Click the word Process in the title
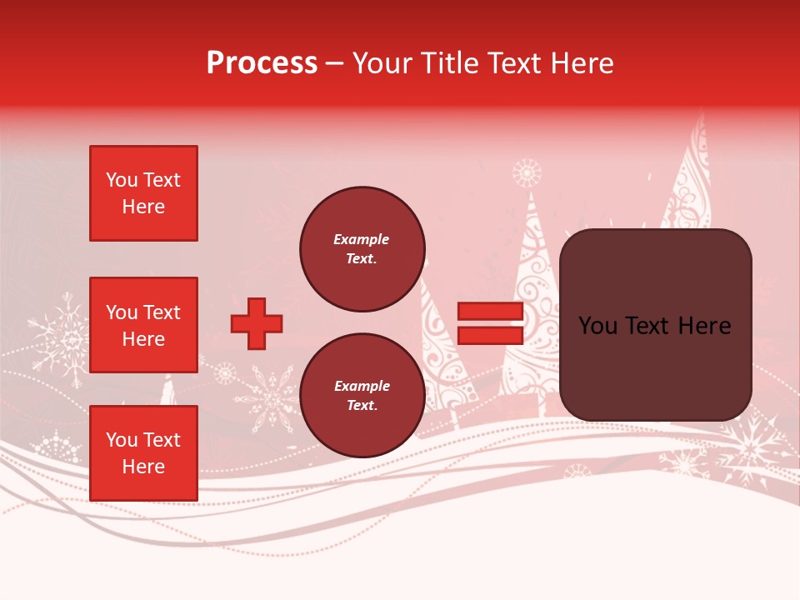tap(262, 63)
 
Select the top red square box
tap(143, 193)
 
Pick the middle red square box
tap(143, 325)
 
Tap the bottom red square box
tap(143, 453)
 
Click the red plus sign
tap(257, 323)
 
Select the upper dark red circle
tap(362, 249)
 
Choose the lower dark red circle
tap(362, 395)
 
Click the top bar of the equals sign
tap(490, 312)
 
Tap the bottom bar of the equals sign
tap(490, 335)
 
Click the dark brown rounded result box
tap(655, 325)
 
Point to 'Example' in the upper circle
tap(362, 239)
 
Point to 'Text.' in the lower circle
tap(362, 406)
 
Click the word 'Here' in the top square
tap(143, 207)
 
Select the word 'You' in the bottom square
tap(122, 440)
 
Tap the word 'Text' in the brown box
tap(654, 326)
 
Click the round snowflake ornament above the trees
tap(527, 173)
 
